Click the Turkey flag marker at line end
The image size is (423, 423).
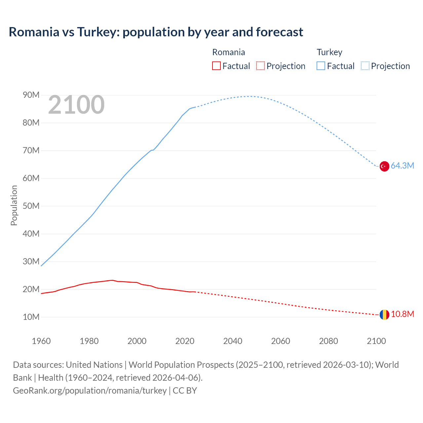click(384, 166)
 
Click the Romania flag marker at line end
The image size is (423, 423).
click(384, 315)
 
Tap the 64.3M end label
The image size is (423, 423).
click(402, 166)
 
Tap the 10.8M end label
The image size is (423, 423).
click(402, 314)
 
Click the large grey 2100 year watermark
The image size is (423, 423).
click(76, 105)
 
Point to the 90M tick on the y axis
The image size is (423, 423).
click(31, 95)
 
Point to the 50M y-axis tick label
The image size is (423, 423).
click(31, 206)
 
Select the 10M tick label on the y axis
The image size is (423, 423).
click(31, 317)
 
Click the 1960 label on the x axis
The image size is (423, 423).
click(41, 341)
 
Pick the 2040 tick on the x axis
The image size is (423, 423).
click(233, 341)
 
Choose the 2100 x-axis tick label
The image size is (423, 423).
click(376, 341)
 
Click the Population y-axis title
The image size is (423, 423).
click(14, 205)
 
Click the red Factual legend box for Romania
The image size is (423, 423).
click(216, 66)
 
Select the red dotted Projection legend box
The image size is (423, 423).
click(260, 66)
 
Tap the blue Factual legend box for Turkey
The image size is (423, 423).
click(321, 66)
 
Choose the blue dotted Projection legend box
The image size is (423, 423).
click(365, 66)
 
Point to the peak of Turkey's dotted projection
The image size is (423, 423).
click(249, 96)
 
